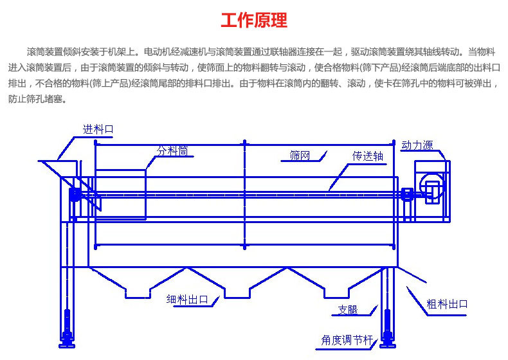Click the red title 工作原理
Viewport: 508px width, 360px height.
[254, 21]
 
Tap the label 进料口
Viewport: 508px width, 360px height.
[98, 129]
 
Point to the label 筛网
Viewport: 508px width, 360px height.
[300, 155]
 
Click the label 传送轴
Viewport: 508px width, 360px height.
[367, 156]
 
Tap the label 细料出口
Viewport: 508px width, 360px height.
[187, 299]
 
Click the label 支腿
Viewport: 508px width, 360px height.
[347, 310]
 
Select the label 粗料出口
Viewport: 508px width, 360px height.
[448, 303]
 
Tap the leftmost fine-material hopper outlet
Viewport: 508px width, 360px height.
[138, 292]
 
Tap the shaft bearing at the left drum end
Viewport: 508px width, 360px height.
[75, 194]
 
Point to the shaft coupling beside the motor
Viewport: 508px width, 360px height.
[407, 194]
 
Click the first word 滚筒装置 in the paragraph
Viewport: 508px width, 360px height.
[44, 51]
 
